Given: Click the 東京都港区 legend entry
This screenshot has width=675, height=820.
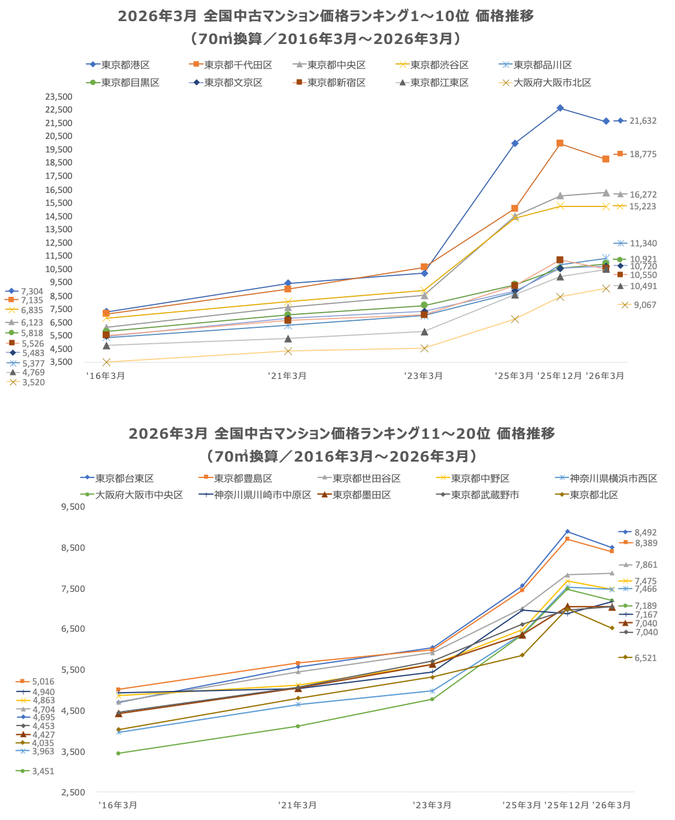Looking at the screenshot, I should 125,65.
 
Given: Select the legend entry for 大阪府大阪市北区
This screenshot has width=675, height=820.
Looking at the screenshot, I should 552,83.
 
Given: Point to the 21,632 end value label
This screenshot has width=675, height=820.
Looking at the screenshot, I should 643,121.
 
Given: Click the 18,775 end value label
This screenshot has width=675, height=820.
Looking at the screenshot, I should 643,154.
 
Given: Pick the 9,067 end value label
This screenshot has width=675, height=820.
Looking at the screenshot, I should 645,305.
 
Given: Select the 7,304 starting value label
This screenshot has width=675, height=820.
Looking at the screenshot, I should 32,292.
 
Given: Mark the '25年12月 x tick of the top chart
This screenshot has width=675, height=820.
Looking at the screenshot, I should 559,376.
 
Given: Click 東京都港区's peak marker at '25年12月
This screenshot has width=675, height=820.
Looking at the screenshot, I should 560,108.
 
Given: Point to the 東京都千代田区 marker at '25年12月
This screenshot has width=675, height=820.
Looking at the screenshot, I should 560,143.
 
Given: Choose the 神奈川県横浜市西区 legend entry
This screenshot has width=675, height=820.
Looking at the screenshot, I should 613,479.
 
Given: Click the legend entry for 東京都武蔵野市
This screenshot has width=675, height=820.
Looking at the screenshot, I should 484,495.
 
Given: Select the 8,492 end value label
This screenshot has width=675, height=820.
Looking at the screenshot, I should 645,533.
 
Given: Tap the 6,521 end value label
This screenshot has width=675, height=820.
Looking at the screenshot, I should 645,658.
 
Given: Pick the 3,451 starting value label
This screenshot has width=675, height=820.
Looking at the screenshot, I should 43,771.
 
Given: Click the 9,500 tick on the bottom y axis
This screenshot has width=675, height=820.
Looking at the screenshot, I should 73,507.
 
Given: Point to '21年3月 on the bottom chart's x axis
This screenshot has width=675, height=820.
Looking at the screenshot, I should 297,805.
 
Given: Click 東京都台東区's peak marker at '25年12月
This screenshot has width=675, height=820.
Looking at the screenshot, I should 567,531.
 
